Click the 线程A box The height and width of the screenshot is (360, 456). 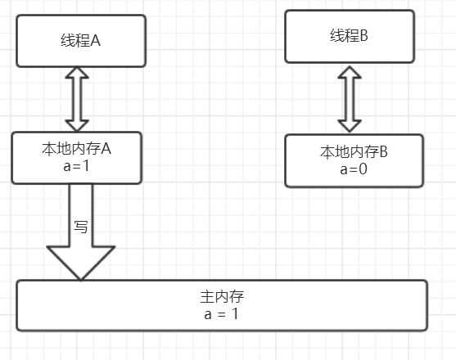coord(81,40)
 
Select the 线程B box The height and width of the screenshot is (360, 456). coord(350,36)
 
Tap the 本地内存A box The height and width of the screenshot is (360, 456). coord(77,157)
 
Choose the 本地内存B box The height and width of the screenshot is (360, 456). coord(354,160)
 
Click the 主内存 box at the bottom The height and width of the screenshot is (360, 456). coord(222,305)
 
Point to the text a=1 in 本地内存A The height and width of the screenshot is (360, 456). coord(77,165)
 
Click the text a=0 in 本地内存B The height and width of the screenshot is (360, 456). coord(354,169)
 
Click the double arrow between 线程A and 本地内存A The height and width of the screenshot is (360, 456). coord(78,99)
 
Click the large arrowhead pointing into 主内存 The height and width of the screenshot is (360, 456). coord(80,262)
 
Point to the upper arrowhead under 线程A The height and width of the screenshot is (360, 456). coord(78,75)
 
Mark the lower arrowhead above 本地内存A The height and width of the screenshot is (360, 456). coord(78,123)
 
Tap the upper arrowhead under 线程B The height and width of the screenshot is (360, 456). coord(350,72)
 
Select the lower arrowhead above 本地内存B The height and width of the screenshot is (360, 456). coord(350,124)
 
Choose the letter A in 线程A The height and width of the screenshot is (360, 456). coord(95,41)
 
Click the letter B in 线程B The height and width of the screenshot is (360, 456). coord(364,36)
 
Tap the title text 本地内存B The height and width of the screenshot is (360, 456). coord(354,153)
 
